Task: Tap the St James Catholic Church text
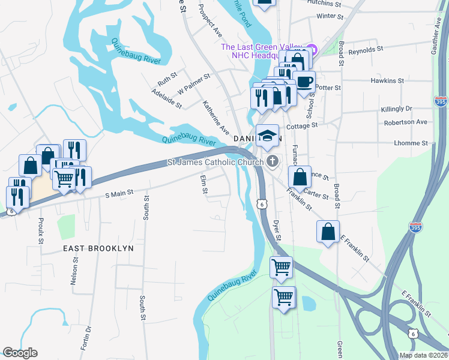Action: (215, 162)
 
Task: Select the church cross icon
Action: (273, 161)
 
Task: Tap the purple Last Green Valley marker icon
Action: (311, 48)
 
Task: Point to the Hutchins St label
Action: (324, 3)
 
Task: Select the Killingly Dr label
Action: (396, 109)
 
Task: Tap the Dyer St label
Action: (277, 230)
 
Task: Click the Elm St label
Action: (204, 185)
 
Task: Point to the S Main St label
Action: (118, 194)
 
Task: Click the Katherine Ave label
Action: (215, 118)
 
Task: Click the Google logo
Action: (20, 353)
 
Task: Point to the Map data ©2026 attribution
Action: (423, 355)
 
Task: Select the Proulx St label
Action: (41, 230)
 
